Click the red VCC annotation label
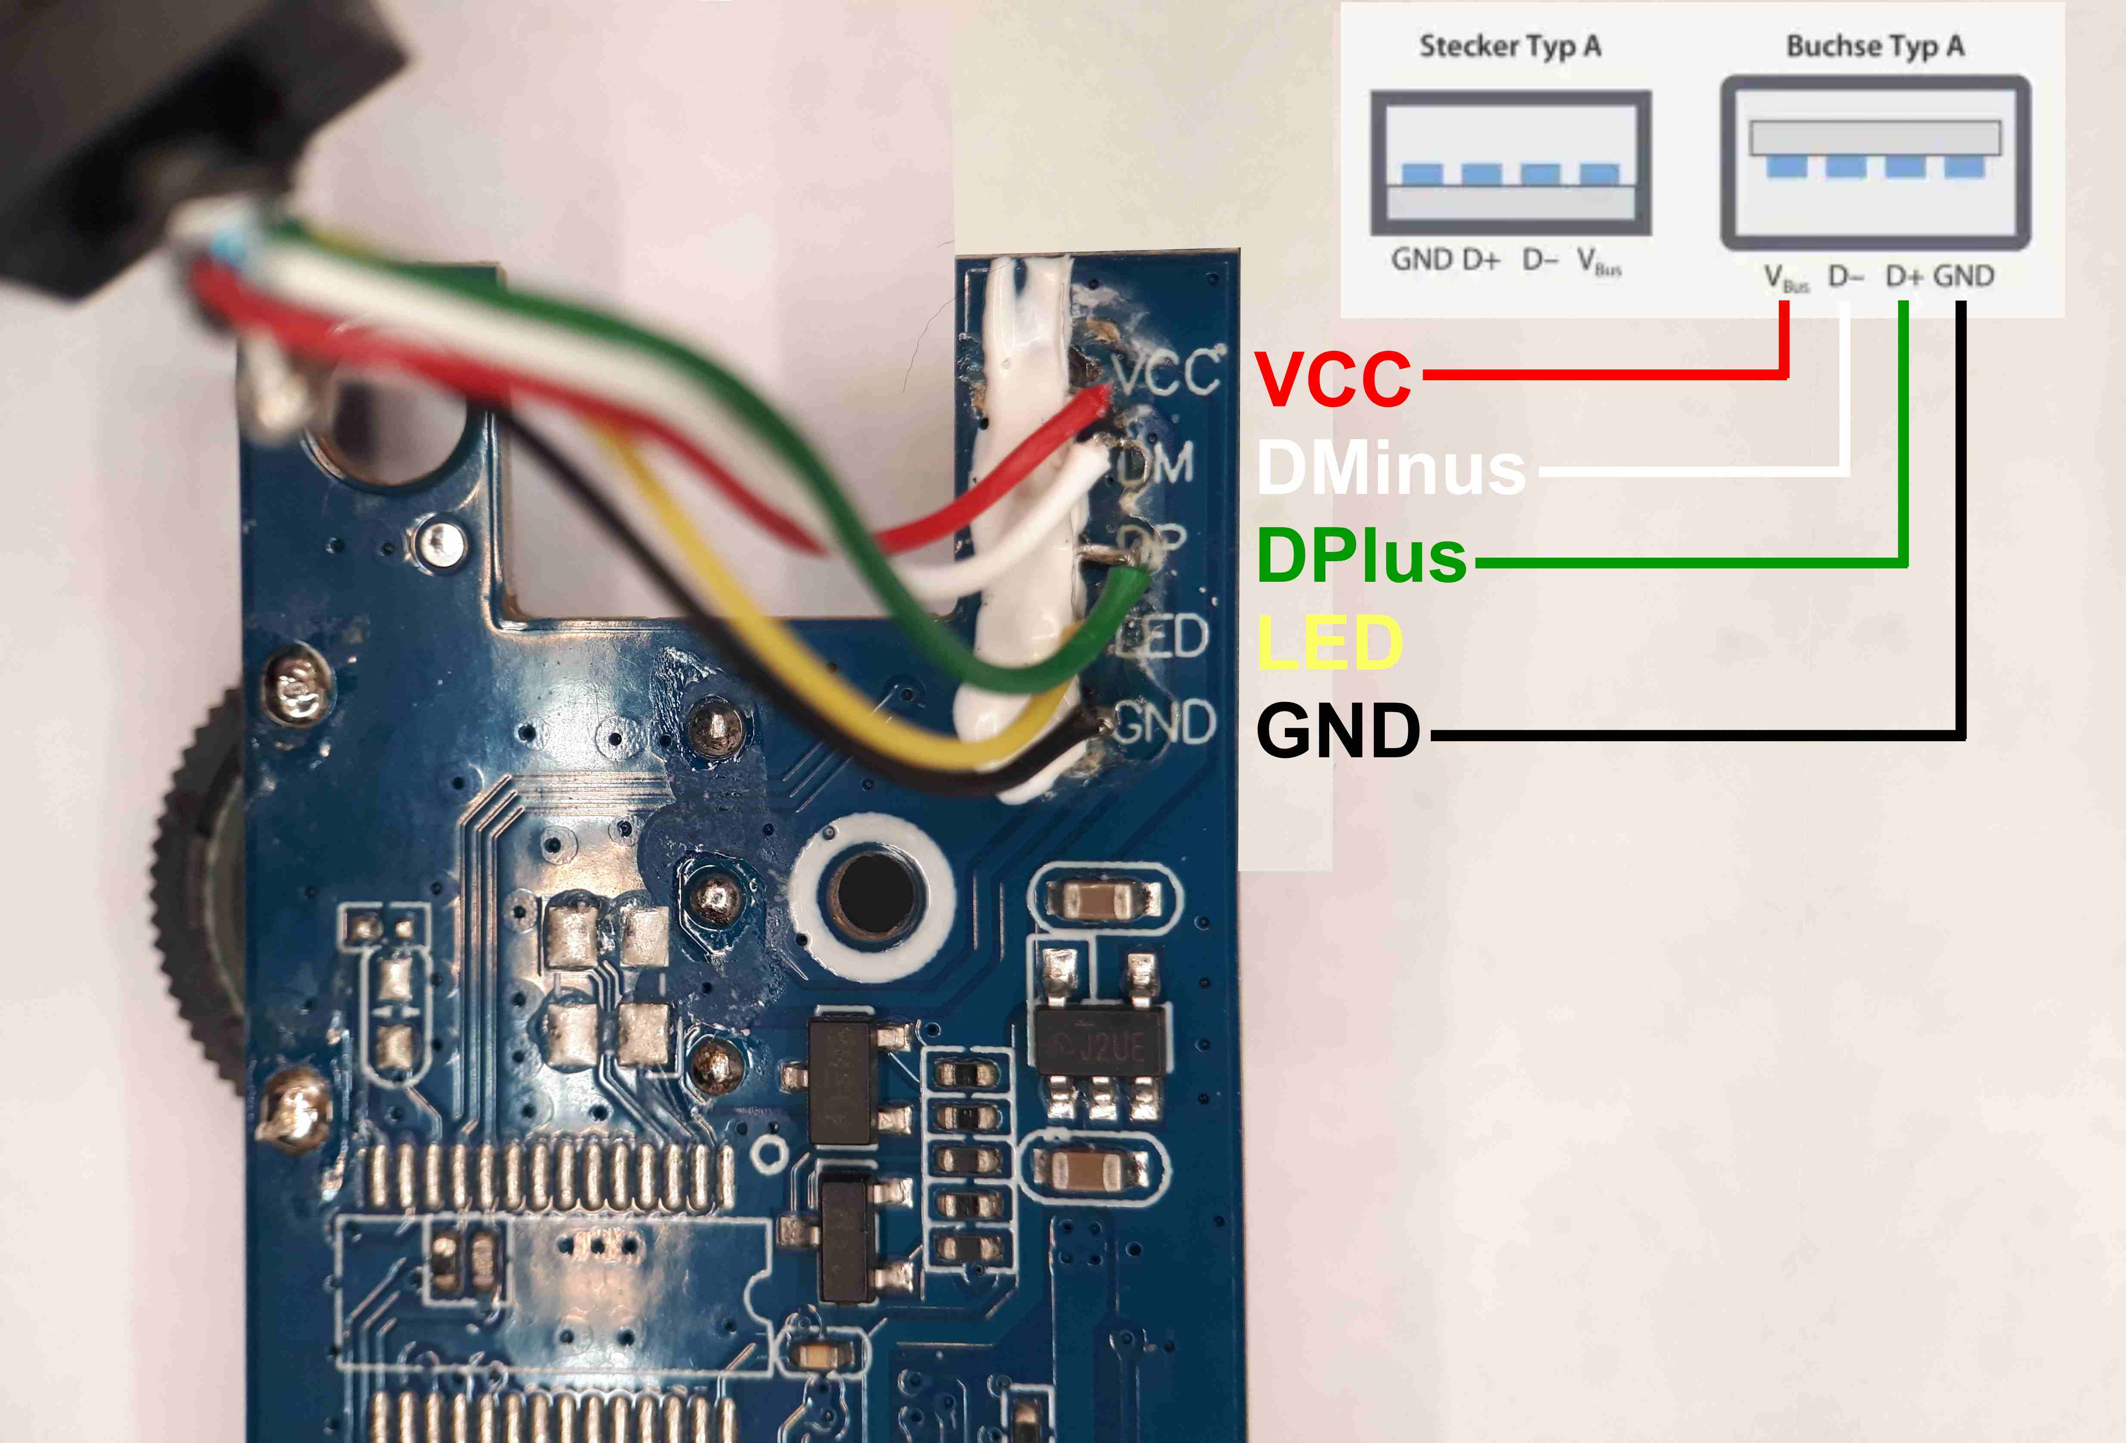[1333, 379]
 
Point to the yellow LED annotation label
[1329, 642]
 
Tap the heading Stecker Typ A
[1509, 46]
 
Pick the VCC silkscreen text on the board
[1166, 373]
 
